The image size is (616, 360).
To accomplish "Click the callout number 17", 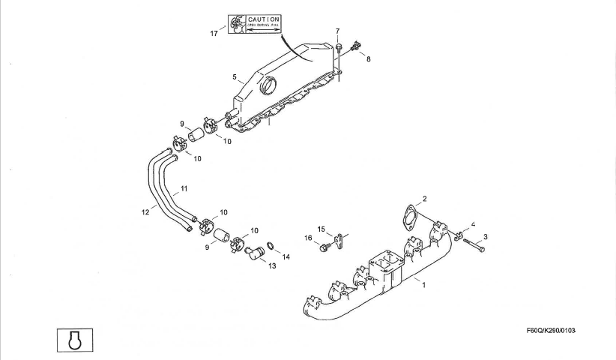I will click(214, 33).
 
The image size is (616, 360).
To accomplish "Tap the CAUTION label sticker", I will click(255, 22).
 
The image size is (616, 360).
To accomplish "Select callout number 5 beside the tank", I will click(235, 76).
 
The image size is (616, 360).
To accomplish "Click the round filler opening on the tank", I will click(268, 88).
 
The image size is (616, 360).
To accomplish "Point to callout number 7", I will click(338, 31).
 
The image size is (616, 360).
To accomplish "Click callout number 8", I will click(368, 58).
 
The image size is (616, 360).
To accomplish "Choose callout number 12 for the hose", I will click(145, 212).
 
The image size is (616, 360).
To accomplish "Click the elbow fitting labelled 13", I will click(255, 253).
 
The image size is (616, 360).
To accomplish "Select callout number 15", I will click(321, 229).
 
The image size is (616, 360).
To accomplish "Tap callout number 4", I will click(473, 224).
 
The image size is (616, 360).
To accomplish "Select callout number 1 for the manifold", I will click(423, 285).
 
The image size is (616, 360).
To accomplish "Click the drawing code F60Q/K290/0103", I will click(555, 330).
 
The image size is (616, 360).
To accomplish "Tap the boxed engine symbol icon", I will click(73, 338).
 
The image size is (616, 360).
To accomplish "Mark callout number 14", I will click(286, 256).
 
